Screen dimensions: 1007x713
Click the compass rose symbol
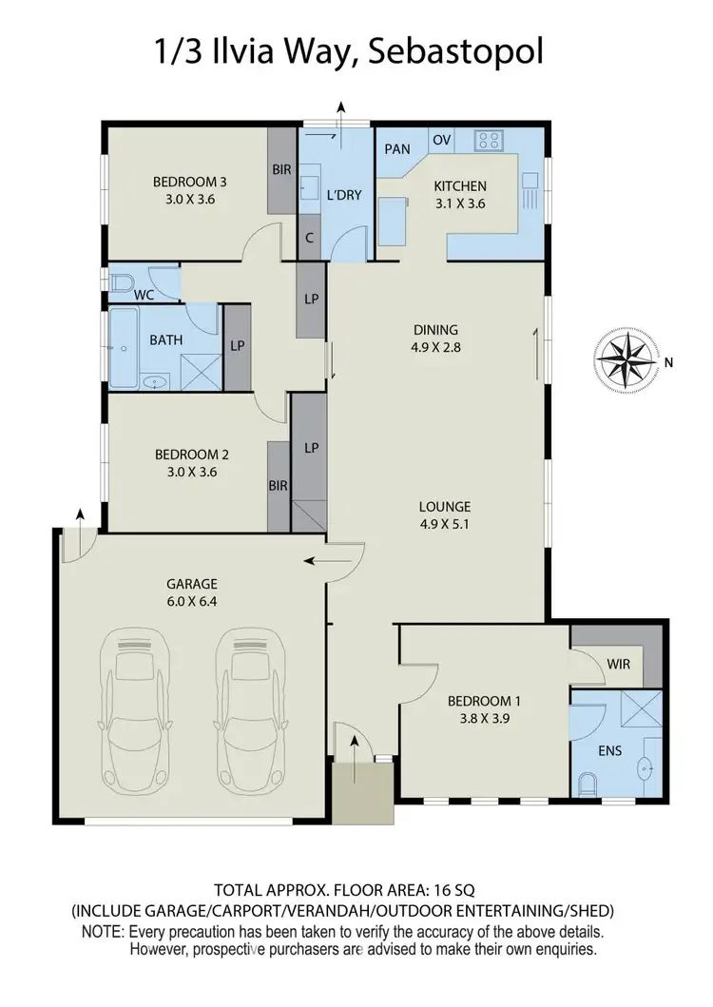tap(627, 362)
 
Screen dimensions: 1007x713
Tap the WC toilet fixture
tap(122, 282)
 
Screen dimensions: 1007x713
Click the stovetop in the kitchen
tap(489, 141)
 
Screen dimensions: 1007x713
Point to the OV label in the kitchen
tap(441, 140)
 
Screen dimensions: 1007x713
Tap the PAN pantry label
tap(397, 149)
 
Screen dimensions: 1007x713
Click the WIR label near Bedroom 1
tap(617, 663)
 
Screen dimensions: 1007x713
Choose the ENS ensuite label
tap(609, 750)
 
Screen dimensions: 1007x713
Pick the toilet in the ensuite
tap(588, 784)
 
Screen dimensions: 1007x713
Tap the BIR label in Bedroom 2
tap(278, 485)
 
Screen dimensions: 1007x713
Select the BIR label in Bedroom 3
tap(281, 170)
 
